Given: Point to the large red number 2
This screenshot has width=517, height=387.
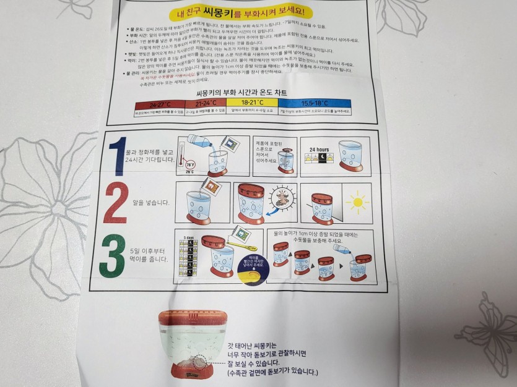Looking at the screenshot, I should tap(116, 202).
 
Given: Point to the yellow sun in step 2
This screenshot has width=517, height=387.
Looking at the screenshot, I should tap(358, 202).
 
